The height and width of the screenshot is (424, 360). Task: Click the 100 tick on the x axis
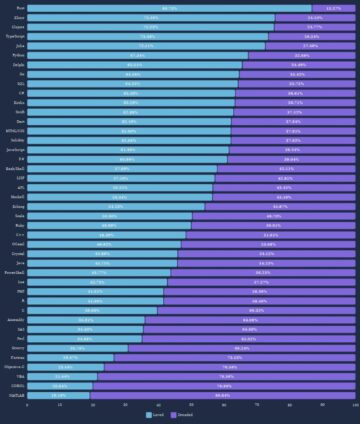point(355,404)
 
